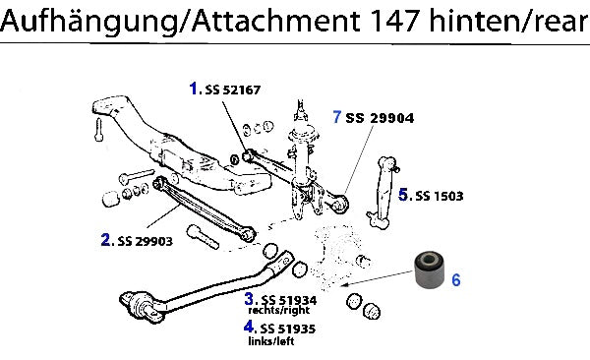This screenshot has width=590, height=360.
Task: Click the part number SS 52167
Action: (x=233, y=90)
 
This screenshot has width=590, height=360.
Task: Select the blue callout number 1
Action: (x=194, y=89)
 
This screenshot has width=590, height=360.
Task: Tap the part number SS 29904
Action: (x=380, y=118)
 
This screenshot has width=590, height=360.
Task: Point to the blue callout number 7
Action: (x=336, y=117)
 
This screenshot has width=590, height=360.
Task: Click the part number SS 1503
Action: (x=440, y=196)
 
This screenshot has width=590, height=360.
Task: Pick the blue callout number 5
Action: (x=403, y=195)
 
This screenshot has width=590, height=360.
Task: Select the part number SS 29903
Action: (x=146, y=241)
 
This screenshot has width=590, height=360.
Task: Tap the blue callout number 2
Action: (x=106, y=239)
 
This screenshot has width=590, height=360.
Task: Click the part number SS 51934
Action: (x=289, y=300)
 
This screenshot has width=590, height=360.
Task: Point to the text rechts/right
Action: (x=279, y=310)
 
